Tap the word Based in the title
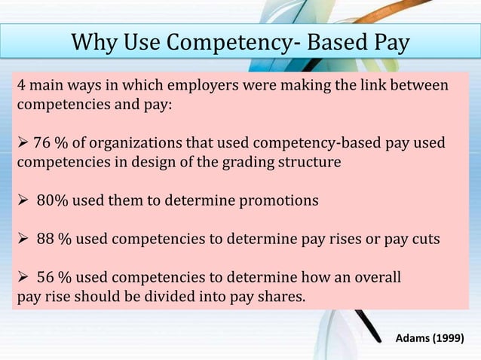pos(335,42)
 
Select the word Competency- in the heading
pos(240,42)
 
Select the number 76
pos(40,143)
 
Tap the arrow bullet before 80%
pos(23,201)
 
